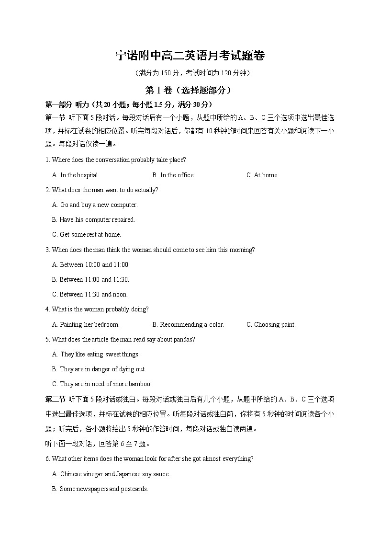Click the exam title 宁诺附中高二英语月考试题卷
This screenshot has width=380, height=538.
[x=190, y=56]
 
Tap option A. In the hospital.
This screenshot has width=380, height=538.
[x=76, y=175]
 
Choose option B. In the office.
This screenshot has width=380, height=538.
[x=173, y=175]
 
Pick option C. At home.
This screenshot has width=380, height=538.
[x=262, y=175]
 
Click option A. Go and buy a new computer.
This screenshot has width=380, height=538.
[x=95, y=205]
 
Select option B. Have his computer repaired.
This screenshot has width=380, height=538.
[x=93, y=219]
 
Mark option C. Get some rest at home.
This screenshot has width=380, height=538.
[x=87, y=234]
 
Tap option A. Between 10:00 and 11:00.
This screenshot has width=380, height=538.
[x=91, y=264]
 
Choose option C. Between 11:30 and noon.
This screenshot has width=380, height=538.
[x=90, y=294]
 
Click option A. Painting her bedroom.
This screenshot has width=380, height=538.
[x=86, y=324]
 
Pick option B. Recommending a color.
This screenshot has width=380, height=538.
[x=188, y=324]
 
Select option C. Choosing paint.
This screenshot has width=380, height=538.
[x=271, y=324]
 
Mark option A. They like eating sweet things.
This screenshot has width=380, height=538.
[x=96, y=354]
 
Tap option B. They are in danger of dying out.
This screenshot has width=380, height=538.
[x=99, y=369]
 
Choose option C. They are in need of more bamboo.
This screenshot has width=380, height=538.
[x=102, y=384]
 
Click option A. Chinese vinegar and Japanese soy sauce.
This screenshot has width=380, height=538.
[x=111, y=474]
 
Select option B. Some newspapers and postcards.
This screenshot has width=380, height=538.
[x=100, y=489]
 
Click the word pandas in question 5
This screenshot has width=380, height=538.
[x=185, y=339]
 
